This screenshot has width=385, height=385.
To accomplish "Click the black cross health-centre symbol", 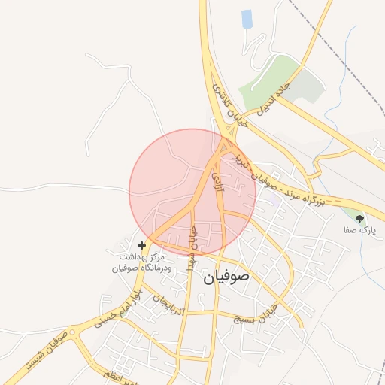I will [x=142, y=245].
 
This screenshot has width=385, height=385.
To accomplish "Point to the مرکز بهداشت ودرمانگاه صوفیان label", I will [x=142, y=262].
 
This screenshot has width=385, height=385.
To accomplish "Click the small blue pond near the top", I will [x=247, y=19].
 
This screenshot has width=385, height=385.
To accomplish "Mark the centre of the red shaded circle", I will [x=192, y=192].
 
